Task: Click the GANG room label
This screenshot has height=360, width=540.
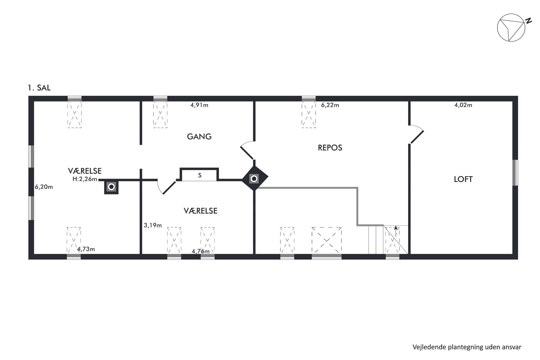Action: pos(199,136)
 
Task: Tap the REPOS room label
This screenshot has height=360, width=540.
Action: pos(330,148)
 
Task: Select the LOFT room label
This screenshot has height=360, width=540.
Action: pos(463,179)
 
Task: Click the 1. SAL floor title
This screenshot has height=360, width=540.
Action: pos(39,88)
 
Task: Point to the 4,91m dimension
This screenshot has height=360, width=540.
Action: pos(199,105)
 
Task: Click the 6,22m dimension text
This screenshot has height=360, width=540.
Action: pos(330,105)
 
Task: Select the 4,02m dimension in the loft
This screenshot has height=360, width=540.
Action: pos(463,105)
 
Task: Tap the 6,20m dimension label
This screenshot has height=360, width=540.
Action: pos(44,187)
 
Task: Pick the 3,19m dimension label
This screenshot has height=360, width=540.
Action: pos(153,225)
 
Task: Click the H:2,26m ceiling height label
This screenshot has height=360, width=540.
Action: pos(85,179)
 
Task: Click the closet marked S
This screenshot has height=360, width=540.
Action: pos(199,175)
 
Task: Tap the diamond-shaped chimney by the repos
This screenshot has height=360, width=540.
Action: pos(254,179)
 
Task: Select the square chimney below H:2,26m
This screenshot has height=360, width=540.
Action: pos(111,187)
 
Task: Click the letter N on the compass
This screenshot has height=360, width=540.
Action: pos(528,21)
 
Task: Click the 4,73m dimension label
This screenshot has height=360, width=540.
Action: pos(86,249)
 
